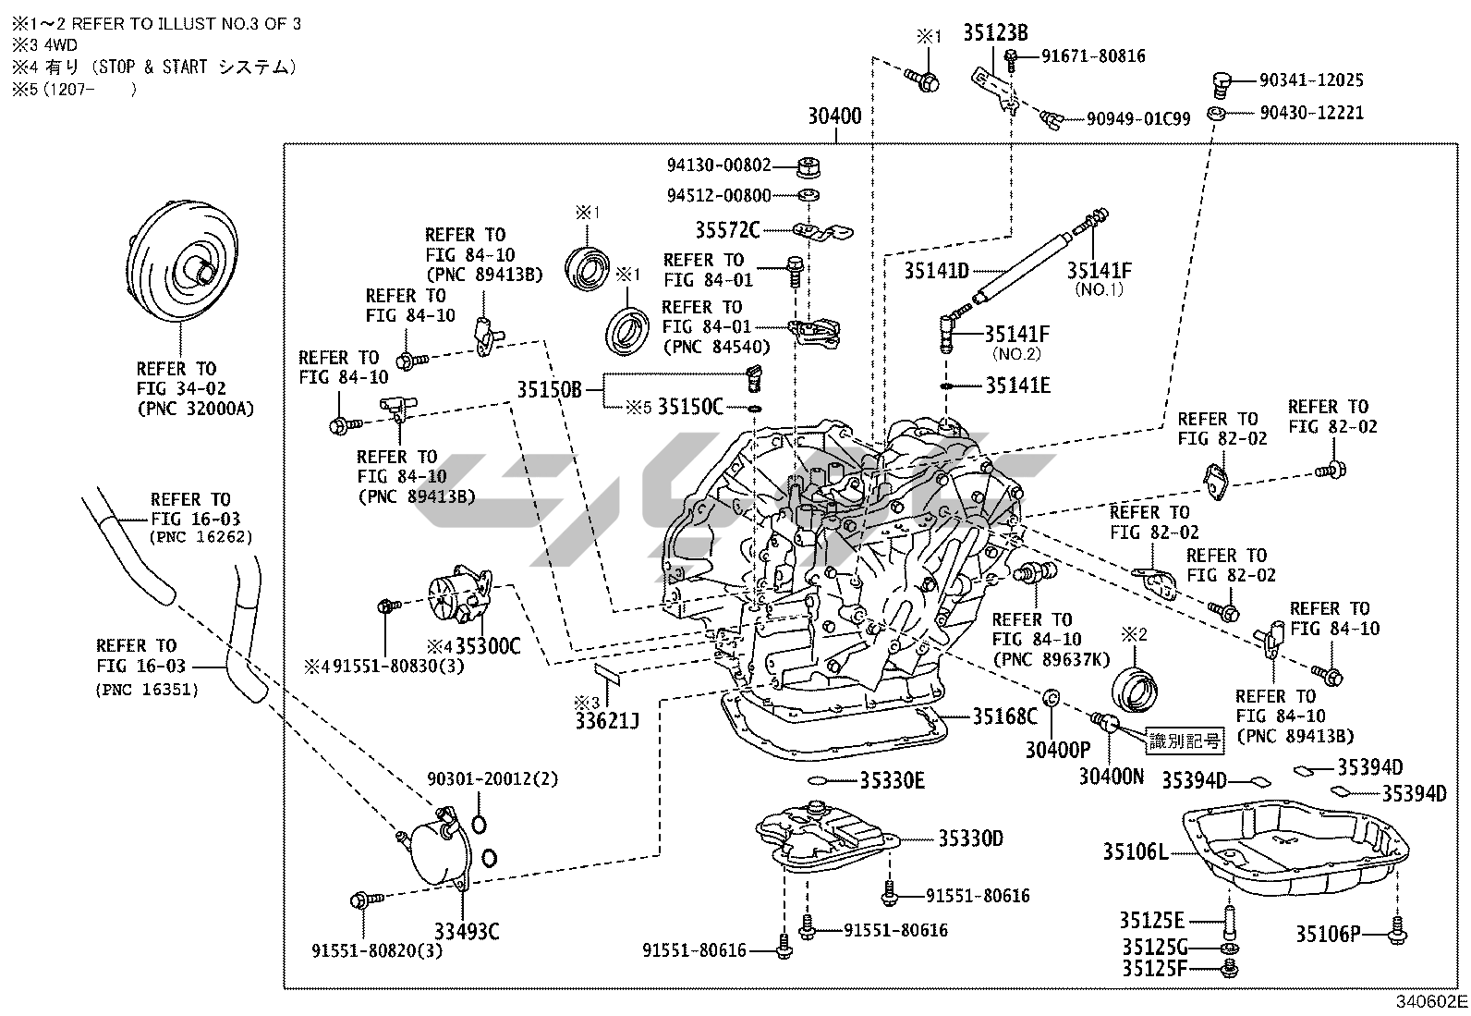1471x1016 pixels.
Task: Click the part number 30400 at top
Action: point(834,116)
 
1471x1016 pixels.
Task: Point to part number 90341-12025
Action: point(1311,80)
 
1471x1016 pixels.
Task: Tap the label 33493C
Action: point(468,931)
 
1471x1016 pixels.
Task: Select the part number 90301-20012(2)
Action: point(492,779)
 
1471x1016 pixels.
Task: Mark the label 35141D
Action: point(936,270)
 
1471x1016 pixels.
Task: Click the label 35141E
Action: point(1017,386)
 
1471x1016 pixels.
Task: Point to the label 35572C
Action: point(727,229)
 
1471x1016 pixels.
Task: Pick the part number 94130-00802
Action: point(719,165)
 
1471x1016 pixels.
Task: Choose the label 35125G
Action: point(1153,947)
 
